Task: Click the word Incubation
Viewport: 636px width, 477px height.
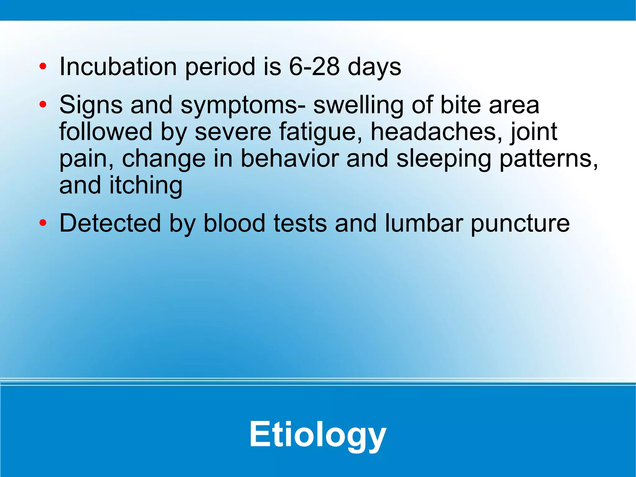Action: coord(118,67)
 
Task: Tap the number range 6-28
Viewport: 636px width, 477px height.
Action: coord(314,67)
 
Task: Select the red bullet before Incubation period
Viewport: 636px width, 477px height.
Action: coord(43,67)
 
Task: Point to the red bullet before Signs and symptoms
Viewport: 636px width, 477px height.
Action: coord(43,105)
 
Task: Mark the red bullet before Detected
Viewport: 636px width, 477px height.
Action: coord(43,223)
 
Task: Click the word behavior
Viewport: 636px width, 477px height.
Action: coord(289,158)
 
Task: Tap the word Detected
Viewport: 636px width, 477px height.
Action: coord(110,223)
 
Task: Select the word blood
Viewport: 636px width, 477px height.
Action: coord(234,223)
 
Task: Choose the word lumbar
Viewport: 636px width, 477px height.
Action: coord(424,223)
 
